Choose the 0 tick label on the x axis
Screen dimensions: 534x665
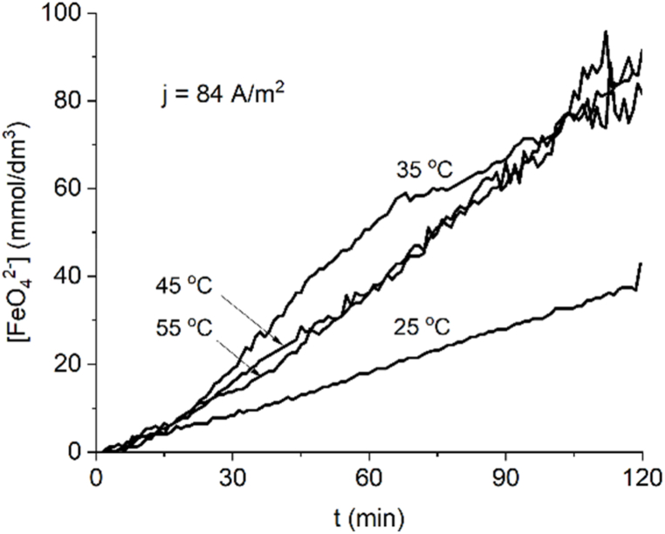point(96,476)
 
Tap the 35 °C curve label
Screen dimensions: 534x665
point(422,169)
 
